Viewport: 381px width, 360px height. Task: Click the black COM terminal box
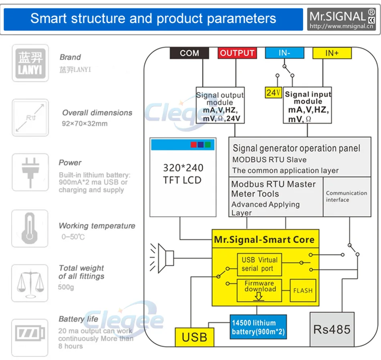click(189, 53)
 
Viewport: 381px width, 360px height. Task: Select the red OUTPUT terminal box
click(237, 53)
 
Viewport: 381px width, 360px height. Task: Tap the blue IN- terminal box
click(284, 53)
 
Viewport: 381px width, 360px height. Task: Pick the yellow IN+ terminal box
click(332, 53)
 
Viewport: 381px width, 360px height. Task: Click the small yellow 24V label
click(274, 93)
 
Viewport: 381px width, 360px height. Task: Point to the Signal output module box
click(220, 105)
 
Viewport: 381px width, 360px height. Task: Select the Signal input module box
click(307, 105)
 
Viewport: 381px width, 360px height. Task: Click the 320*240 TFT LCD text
click(183, 174)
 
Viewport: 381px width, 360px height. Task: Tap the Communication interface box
click(347, 197)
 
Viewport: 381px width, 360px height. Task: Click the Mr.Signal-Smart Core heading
click(264, 240)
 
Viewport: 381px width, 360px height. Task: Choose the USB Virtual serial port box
click(259, 264)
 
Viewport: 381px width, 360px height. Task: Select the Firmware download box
click(259, 291)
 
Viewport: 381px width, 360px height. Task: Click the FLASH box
click(303, 291)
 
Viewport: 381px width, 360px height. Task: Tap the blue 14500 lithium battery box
click(258, 327)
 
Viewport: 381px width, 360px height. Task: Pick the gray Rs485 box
click(332, 329)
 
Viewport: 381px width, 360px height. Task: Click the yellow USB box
click(195, 337)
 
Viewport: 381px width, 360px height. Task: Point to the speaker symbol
click(162, 258)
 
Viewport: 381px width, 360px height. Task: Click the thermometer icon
click(30, 228)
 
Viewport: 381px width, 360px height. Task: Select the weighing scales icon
click(30, 283)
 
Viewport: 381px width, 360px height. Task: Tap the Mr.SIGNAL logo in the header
click(341, 19)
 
